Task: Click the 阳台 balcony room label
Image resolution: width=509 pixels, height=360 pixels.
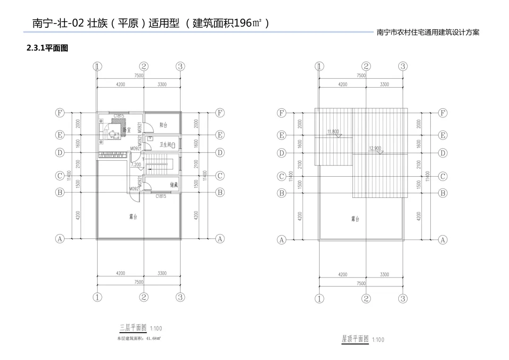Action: (x=163, y=125)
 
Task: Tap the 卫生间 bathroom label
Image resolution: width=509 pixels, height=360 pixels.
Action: (x=165, y=145)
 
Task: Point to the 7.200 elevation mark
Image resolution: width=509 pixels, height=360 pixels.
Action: (x=136, y=164)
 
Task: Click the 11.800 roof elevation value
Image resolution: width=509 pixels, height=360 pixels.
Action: (x=333, y=132)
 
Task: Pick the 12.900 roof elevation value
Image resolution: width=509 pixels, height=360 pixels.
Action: (x=375, y=148)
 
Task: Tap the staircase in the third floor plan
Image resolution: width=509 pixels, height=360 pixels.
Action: (x=160, y=166)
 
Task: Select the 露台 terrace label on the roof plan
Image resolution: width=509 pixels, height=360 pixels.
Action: (x=355, y=220)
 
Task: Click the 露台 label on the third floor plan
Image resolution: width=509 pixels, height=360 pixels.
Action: (x=133, y=216)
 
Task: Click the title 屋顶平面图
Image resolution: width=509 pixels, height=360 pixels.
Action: (x=355, y=339)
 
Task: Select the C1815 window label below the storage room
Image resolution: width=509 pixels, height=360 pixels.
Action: (x=161, y=196)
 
